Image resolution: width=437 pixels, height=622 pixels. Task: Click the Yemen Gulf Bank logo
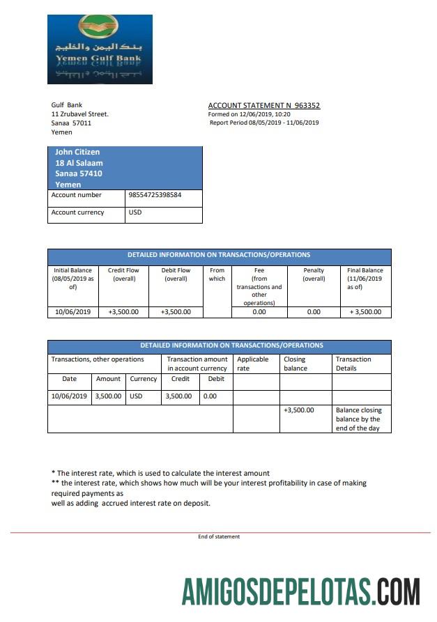100,49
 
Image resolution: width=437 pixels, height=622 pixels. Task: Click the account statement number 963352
307,106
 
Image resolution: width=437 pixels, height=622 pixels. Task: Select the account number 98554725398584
155,195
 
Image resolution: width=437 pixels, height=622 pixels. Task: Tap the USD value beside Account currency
135,212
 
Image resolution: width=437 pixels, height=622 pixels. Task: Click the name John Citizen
77,152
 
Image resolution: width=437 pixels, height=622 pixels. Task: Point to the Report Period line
264,123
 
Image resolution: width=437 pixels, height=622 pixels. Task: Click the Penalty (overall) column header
314,274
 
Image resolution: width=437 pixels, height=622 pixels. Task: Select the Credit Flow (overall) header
123,274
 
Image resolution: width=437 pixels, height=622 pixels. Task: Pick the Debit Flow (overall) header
176,274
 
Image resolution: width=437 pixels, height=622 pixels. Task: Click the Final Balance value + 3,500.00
365,312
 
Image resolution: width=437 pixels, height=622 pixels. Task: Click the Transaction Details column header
353,364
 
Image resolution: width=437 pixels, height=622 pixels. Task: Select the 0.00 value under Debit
210,396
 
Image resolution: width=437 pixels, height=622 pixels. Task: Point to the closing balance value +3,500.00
299,410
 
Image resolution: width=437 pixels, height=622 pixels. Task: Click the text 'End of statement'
219,536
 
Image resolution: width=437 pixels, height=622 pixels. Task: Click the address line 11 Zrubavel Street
79,114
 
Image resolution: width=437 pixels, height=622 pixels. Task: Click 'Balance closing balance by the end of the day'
358,419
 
